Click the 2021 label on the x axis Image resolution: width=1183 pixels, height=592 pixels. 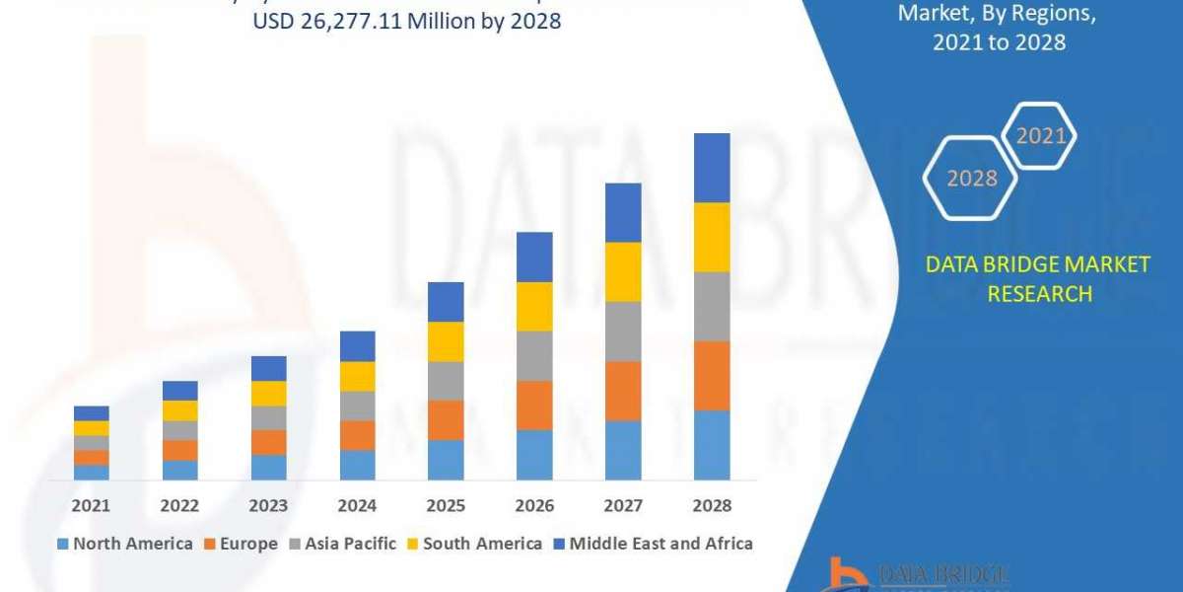click(91, 505)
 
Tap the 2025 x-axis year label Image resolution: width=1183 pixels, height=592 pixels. click(446, 505)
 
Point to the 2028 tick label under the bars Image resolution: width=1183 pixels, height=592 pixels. click(712, 505)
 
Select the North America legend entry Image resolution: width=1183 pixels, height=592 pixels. click(125, 544)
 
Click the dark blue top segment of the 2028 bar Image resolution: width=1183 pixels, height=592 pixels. click(712, 168)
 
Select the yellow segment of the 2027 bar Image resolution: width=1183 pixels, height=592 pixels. click(623, 271)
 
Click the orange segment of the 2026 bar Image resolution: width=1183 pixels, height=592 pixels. click(534, 406)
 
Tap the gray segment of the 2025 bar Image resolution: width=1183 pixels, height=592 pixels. click(446, 381)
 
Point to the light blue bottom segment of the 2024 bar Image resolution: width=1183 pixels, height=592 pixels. click(357, 465)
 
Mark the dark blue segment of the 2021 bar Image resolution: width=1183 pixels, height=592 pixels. click(91, 413)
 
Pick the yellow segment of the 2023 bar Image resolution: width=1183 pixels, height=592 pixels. click(268, 394)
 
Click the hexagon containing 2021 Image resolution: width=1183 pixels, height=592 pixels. click(1039, 136)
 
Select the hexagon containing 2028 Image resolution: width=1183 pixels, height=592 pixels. click(970, 179)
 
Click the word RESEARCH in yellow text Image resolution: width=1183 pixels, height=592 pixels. click(1039, 294)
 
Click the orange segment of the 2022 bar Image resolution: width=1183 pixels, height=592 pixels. click(179, 450)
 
